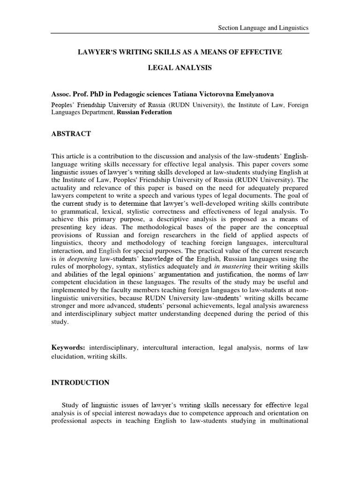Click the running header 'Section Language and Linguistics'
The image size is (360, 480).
[264, 28]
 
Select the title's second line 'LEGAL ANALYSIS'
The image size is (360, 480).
[180, 68]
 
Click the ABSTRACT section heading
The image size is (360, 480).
[71, 134]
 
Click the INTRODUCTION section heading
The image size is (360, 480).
[80, 382]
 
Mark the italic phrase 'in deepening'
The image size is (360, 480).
[76, 259]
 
